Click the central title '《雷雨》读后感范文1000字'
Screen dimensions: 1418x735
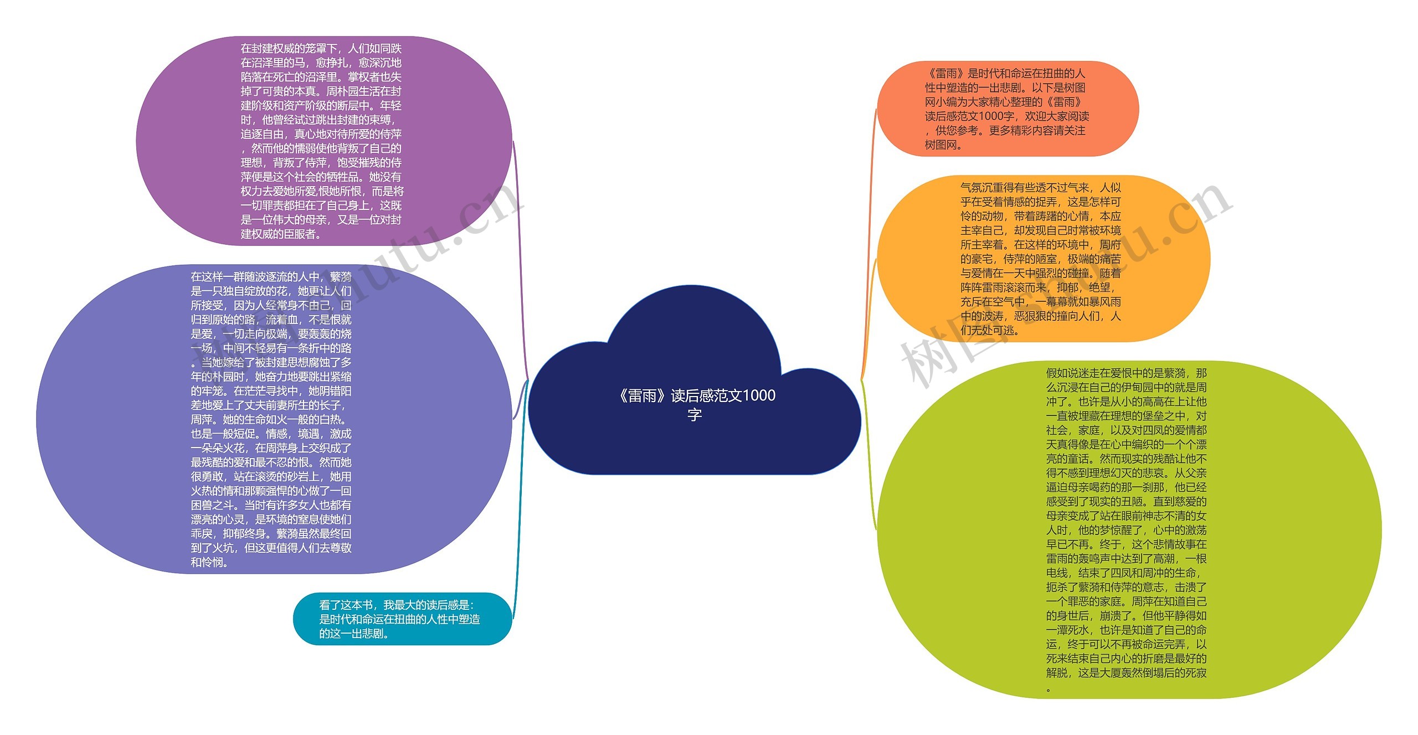point(696,404)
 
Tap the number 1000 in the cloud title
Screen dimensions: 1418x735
point(758,395)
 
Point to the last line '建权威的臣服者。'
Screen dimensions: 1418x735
point(281,234)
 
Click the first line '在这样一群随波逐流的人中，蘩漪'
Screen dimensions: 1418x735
point(271,277)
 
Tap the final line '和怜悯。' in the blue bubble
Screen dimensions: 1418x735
point(210,563)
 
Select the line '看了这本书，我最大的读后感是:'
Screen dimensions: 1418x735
point(397,605)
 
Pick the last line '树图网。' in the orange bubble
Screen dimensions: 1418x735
point(944,145)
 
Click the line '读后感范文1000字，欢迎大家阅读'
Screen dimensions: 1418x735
point(1007,116)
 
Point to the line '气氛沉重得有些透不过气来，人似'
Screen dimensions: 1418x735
point(1040,188)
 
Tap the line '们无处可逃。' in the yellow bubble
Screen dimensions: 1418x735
point(990,331)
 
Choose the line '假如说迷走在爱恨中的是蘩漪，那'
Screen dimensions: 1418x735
point(1126,373)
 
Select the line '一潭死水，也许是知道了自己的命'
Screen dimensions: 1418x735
point(1126,630)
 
